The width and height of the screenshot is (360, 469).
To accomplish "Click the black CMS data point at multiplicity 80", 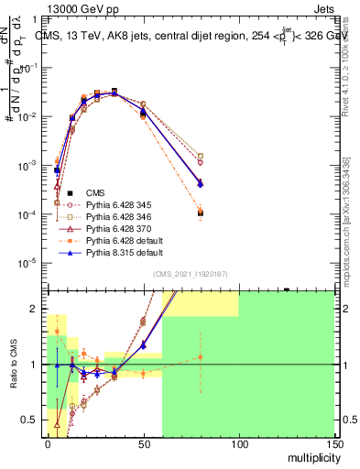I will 201,213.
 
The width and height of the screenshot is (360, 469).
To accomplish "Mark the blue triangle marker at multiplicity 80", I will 201,183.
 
